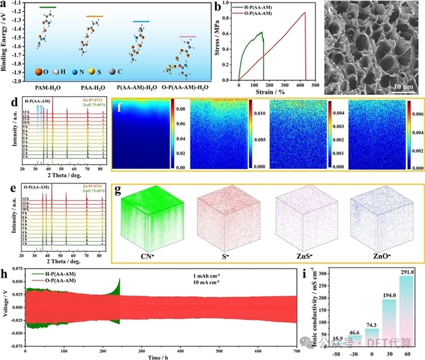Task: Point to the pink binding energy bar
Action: coord(188,37)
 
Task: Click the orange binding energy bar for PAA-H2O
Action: coord(95,16)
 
